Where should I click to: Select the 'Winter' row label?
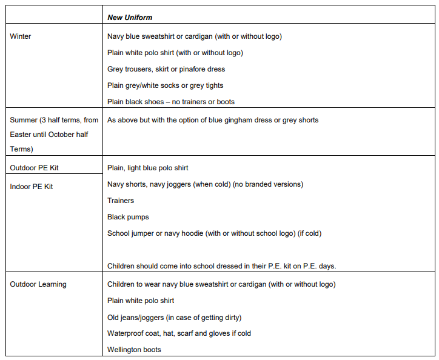[21, 36]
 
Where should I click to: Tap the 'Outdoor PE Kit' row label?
[34, 167]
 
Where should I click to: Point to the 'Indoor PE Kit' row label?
[32, 187]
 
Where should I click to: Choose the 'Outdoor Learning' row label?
[38, 284]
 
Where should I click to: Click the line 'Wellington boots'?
[134, 350]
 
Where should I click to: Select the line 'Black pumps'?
[128, 217]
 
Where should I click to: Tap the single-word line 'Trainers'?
[121, 201]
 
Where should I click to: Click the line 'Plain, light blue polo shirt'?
[148, 168]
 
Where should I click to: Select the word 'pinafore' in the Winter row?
[193, 69]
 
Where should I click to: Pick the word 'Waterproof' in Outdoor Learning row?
[126, 333]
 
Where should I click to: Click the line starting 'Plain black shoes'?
[171, 102]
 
